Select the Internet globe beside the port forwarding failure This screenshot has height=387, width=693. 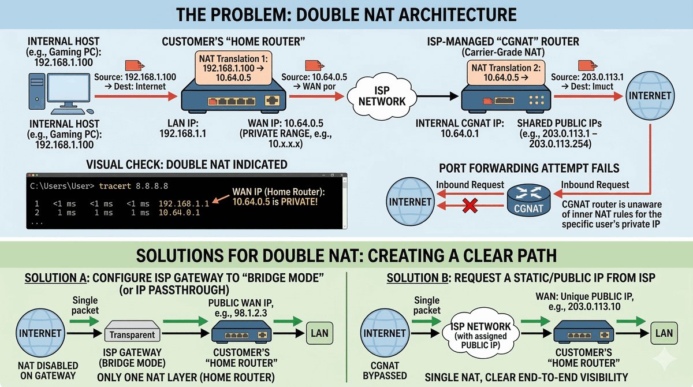(x=410, y=202)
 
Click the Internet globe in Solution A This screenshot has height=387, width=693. (x=40, y=333)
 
